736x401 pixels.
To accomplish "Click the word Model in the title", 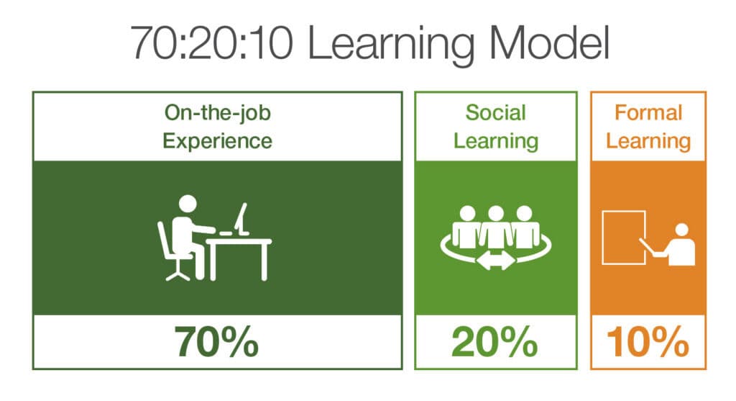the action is point(548,43).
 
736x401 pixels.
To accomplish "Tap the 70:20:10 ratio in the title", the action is point(211,44).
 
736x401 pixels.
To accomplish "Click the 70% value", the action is point(216,342).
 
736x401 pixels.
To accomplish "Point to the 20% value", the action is point(494,342).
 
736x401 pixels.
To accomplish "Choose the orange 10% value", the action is point(648,342).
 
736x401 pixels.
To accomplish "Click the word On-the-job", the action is point(217,113).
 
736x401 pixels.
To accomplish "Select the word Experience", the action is point(217,142).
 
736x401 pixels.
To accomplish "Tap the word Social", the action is point(496,113).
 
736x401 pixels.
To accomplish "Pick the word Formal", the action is point(648,113).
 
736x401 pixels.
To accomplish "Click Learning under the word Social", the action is point(496,142).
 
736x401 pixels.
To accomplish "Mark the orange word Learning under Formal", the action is point(648,142).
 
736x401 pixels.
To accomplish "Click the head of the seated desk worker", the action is point(188,204).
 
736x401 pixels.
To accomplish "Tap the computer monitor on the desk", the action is point(241,219).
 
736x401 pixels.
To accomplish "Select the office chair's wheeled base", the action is point(178,273).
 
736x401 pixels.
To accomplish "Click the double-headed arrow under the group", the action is point(495,261).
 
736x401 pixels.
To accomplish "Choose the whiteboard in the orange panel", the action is point(624,238).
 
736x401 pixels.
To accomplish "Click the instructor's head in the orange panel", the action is point(681,230).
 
